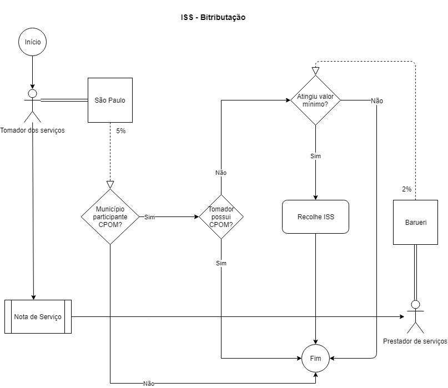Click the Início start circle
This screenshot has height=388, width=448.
pyautogui.click(x=33, y=42)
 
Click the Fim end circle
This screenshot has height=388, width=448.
pyautogui.click(x=315, y=358)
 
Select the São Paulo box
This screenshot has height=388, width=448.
pyautogui.click(x=110, y=100)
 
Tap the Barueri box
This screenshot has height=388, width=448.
pyautogui.click(x=415, y=222)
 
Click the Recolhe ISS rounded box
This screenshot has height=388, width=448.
pyautogui.click(x=316, y=216)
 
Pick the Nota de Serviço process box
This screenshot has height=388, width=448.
pyautogui.click(x=38, y=316)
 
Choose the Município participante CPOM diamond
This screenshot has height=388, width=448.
pyautogui.click(x=110, y=216)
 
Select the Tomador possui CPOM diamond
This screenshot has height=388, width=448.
pyautogui.click(x=220, y=216)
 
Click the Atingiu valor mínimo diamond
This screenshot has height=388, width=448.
pyautogui.click(x=315, y=100)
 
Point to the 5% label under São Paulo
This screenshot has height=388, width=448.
pyautogui.click(x=121, y=131)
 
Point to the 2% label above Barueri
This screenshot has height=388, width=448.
pyautogui.click(x=407, y=189)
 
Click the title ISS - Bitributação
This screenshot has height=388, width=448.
pyautogui.click(x=213, y=17)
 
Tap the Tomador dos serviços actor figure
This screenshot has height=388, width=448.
pyautogui.click(x=33, y=105)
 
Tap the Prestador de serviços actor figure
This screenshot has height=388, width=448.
pyautogui.click(x=415, y=316)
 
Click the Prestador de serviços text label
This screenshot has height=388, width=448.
pyautogui.click(x=415, y=341)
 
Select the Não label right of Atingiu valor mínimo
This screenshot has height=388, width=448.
pyautogui.click(x=377, y=101)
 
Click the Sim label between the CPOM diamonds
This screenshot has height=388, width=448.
pyautogui.click(x=149, y=217)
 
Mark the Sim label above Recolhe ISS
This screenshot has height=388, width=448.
pyautogui.click(x=315, y=156)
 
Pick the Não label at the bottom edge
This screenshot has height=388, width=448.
pyautogui.click(x=149, y=383)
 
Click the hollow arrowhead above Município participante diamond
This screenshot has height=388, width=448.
pyautogui.click(x=110, y=184)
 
